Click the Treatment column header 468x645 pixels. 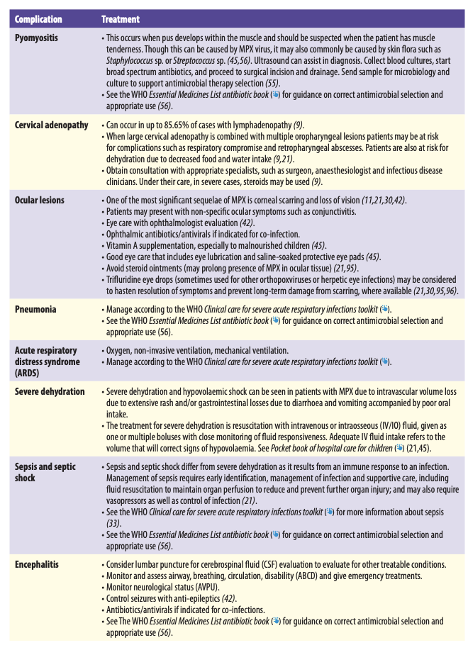(x=121, y=19)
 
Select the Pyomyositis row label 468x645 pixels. (x=37, y=37)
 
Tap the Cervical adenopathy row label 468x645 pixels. (x=53, y=125)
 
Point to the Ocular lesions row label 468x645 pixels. (x=40, y=201)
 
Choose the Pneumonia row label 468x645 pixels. (x=36, y=310)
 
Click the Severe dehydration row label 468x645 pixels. (x=50, y=392)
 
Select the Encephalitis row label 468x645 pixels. (x=37, y=565)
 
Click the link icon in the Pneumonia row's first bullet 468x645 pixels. (x=384, y=310)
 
